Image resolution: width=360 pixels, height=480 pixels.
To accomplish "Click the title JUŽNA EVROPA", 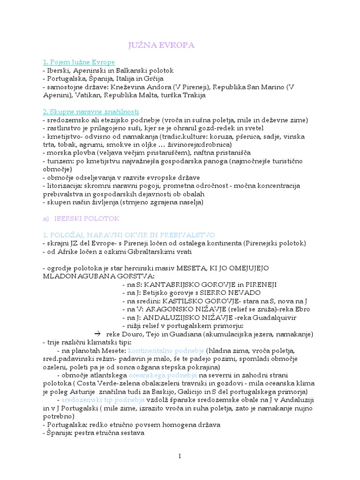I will [x=161, y=45].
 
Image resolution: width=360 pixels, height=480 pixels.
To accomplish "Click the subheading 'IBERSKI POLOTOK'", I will [x=87, y=218].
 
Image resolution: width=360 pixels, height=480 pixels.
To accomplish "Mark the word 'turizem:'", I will [x=60, y=161].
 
